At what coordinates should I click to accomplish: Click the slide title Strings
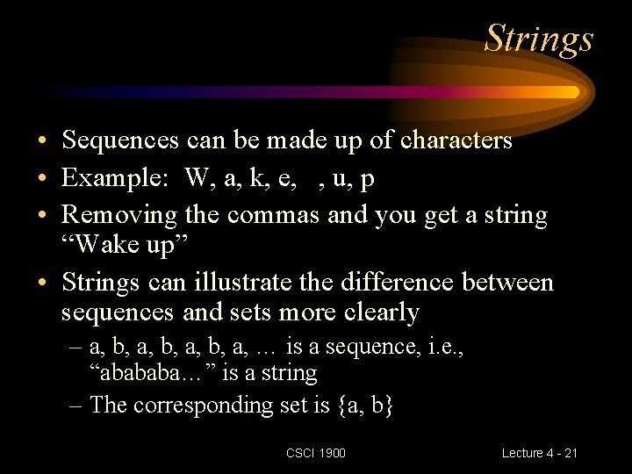click(x=538, y=39)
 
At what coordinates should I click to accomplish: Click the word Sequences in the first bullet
click(x=120, y=140)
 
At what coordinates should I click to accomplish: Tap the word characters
click(x=456, y=140)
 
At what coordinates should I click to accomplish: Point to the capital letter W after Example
click(x=197, y=177)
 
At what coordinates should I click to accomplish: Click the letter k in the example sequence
click(x=257, y=177)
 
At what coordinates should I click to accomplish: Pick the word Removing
click(x=118, y=216)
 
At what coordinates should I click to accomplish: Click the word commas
click(x=273, y=215)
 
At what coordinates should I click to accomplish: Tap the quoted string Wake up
click(x=125, y=244)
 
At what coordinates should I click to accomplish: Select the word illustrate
click(x=242, y=282)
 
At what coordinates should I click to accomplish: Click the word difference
click(x=397, y=281)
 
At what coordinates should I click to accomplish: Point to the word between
click(x=507, y=281)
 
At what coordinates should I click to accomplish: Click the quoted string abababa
click(x=154, y=372)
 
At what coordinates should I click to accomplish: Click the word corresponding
click(x=203, y=406)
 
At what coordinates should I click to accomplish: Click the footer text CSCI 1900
click(x=316, y=453)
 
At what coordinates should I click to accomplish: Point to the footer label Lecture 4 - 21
click(x=539, y=453)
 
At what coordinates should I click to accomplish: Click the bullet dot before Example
click(x=42, y=177)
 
